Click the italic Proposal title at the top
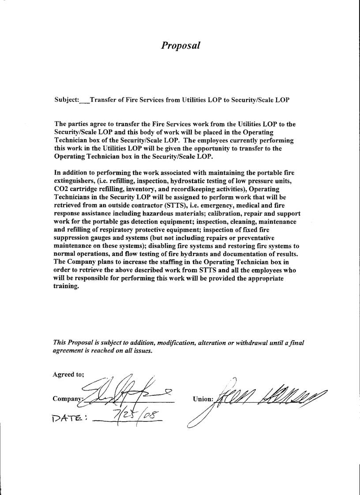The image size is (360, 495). coord(180,45)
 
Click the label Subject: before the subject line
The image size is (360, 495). coord(67,100)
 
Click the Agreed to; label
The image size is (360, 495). coord(68,375)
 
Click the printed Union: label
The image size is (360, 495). coord(203,399)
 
